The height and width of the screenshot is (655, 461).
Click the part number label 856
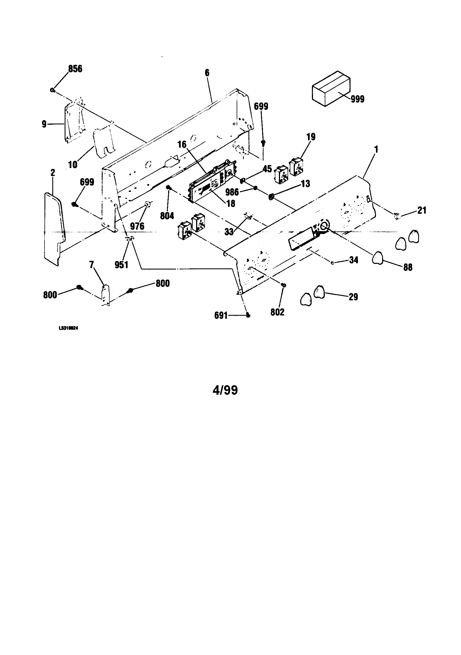click(75, 69)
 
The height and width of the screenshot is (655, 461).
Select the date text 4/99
click(225, 390)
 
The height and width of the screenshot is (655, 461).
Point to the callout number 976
click(137, 226)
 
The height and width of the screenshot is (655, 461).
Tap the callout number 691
click(221, 315)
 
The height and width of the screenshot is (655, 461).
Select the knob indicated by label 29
click(319, 292)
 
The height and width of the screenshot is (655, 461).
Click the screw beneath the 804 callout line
click(169, 187)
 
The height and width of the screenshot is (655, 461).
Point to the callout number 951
click(121, 265)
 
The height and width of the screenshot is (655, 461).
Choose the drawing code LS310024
click(68, 328)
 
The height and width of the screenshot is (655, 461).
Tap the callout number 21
click(422, 211)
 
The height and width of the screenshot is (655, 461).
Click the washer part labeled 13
click(272, 196)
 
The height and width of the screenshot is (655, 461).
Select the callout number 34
click(353, 260)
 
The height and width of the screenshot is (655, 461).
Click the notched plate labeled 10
click(103, 143)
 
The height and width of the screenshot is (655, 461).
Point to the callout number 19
click(311, 137)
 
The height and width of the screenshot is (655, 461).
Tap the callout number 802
click(277, 312)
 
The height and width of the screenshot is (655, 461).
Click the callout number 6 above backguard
click(207, 73)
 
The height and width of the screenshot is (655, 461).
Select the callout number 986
click(232, 191)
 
